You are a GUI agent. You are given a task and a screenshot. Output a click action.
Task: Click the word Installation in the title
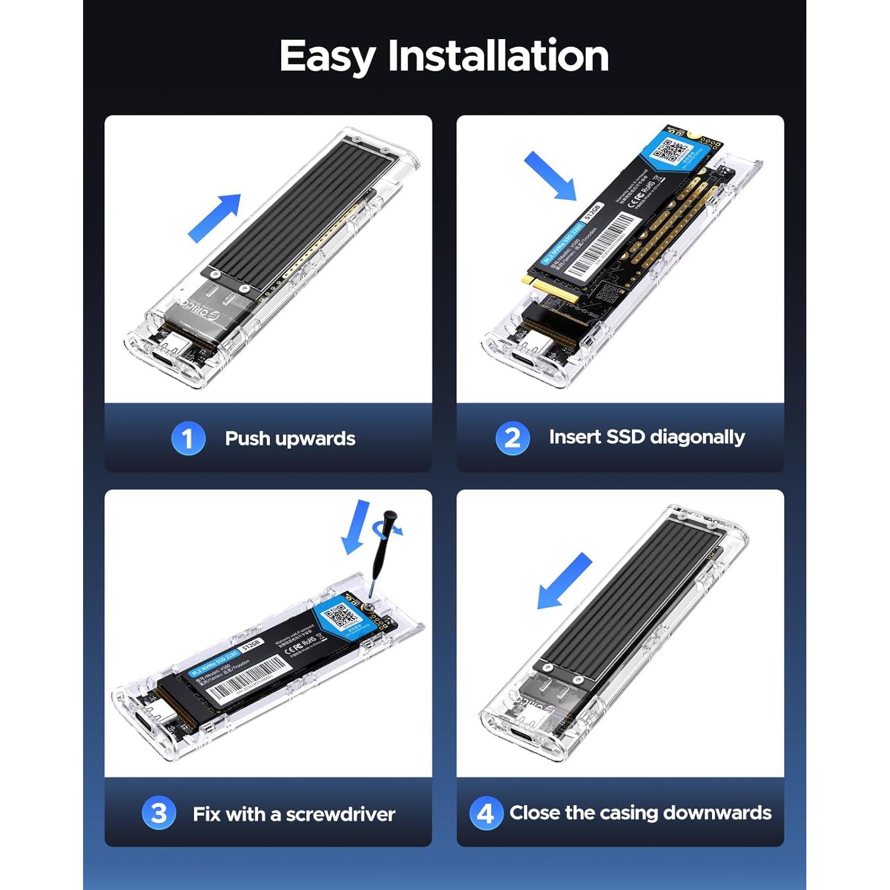click(498, 56)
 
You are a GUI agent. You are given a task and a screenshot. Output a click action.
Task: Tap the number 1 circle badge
click(188, 438)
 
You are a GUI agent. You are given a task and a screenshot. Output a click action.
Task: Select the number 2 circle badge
click(512, 438)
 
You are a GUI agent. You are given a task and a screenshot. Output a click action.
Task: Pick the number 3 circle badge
click(158, 813)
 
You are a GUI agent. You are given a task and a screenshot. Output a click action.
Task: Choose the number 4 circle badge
click(485, 813)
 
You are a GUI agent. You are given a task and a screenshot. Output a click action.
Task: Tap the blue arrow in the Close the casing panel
click(564, 581)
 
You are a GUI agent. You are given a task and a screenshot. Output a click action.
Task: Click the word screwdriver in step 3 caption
click(341, 814)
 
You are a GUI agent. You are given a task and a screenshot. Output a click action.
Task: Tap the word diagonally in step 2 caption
click(697, 437)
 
